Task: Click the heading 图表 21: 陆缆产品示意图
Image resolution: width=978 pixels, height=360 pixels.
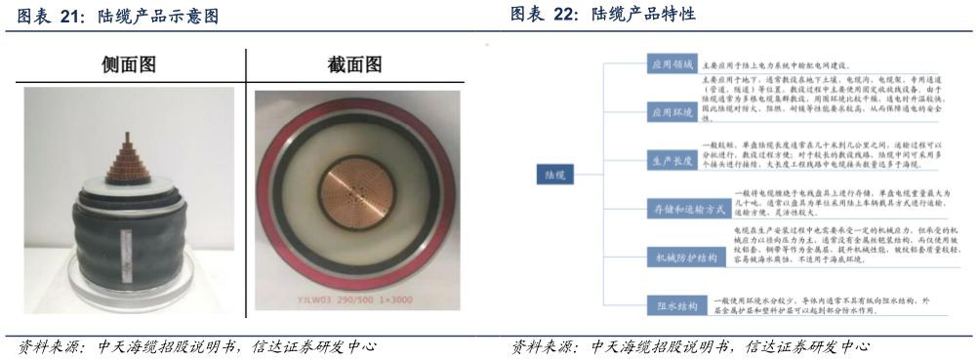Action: point(113,17)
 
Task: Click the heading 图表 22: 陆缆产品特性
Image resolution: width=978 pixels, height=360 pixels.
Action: point(603,15)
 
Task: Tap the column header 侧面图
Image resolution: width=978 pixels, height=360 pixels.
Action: point(129,65)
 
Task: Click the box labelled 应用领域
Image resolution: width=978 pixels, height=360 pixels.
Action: point(672,64)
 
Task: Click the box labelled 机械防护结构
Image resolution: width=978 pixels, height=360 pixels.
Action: point(680,258)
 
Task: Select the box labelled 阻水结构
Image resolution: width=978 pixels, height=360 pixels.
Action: point(672,304)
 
